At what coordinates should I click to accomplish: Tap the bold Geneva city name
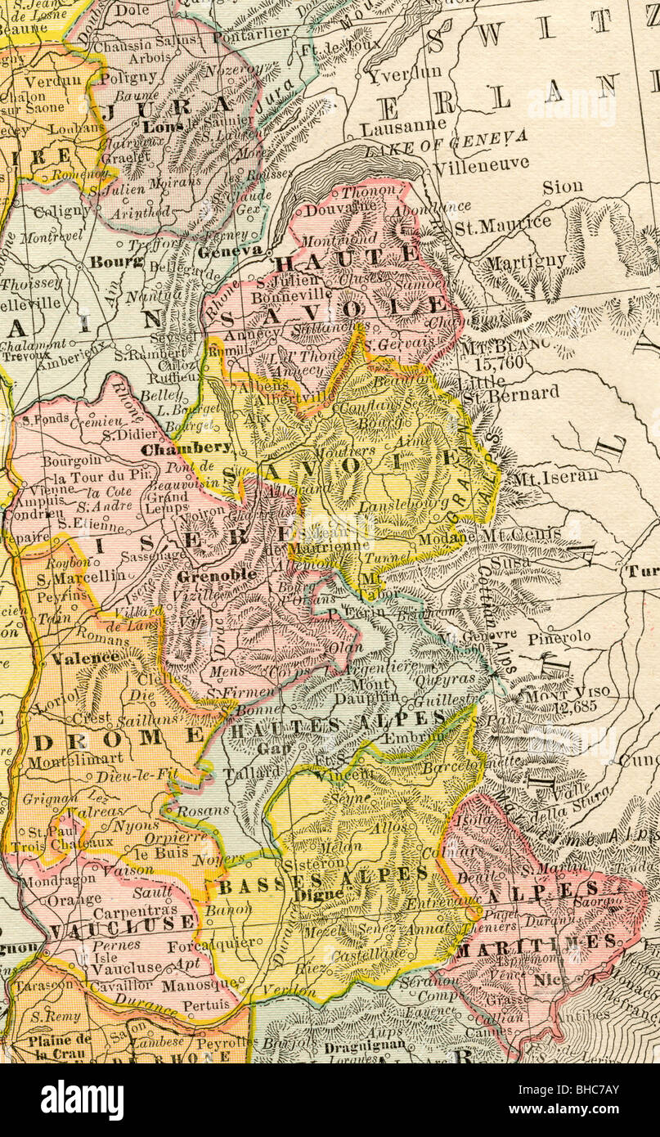point(229,250)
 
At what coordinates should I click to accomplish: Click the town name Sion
point(563,187)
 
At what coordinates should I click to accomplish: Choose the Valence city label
point(86,657)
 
